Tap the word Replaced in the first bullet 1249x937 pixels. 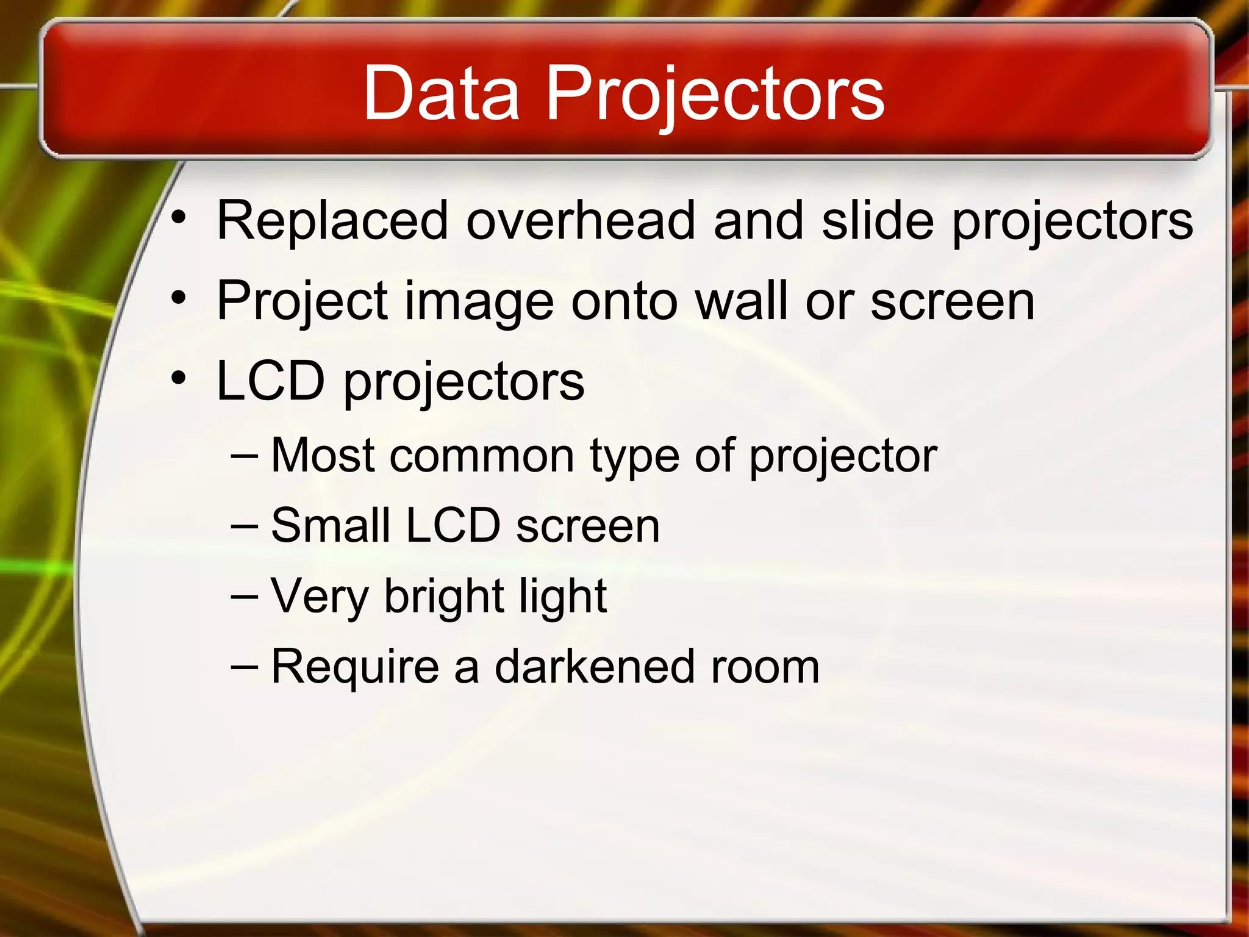(x=332, y=220)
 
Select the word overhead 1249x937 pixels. (x=580, y=220)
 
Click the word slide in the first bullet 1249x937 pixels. (x=878, y=220)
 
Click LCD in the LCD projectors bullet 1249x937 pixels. (x=271, y=381)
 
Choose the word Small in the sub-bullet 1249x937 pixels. (x=330, y=525)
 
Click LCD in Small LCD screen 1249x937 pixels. (x=453, y=525)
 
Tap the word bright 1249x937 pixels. (x=443, y=596)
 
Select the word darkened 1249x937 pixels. (x=595, y=666)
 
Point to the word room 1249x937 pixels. (x=765, y=667)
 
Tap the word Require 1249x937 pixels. (x=355, y=667)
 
